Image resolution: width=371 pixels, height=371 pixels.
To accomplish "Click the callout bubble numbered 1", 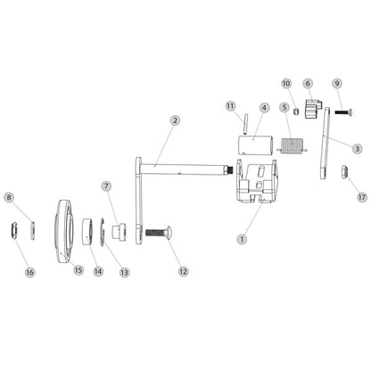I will [241, 238].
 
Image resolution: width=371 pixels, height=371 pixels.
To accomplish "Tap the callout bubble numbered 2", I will [175, 120].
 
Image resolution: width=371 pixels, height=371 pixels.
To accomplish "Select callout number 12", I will [183, 270].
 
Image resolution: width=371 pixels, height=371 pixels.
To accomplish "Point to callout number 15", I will [78, 270].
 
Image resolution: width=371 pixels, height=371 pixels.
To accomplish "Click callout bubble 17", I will [361, 195].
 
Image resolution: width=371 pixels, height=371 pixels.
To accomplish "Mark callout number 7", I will [106, 186].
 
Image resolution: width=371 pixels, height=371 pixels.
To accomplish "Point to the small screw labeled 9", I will [342, 111].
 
